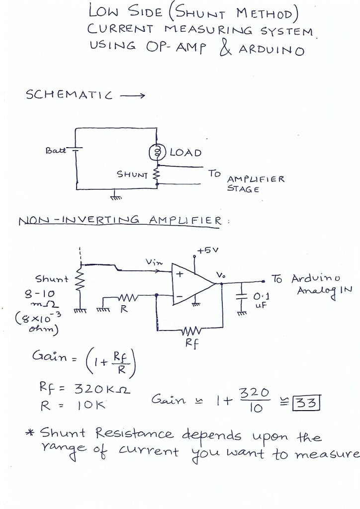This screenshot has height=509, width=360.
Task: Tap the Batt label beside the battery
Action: [x=55, y=150]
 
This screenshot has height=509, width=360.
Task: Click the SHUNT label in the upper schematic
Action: [x=132, y=174]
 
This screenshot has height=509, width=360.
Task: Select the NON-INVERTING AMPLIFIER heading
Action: [x=119, y=221]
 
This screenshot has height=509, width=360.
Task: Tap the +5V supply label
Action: [x=207, y=251]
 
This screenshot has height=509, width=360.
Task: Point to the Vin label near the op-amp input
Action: [x=153, y=262]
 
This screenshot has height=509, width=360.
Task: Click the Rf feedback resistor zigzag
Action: [x=191, y=331]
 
